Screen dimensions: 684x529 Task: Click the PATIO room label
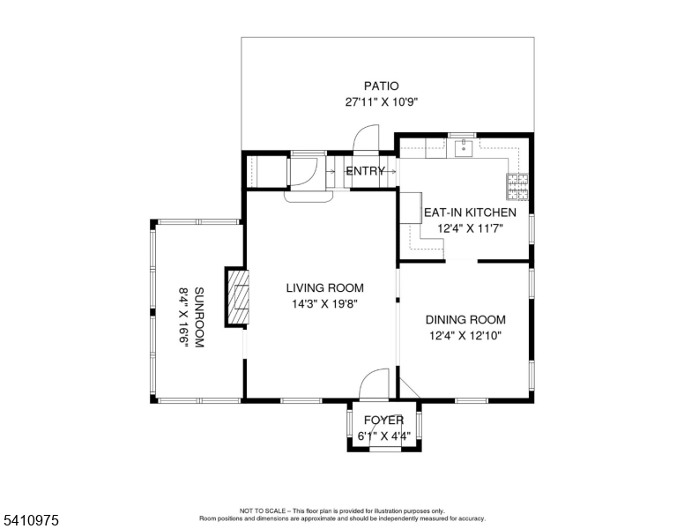tap(382, 86)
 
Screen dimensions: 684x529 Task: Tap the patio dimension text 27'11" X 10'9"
tap(382, 102)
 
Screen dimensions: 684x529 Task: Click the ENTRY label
tap(365, 171)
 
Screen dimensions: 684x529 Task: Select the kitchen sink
tap(464, 147)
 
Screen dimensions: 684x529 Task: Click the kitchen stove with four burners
tap(517, 187)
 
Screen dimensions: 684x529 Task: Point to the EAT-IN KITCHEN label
tap(470, 212)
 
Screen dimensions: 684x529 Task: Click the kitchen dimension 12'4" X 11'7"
tap(471, 228)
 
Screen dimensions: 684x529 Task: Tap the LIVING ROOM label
tap(325, 288)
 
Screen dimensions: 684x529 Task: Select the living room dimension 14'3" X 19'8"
tap(325, 304)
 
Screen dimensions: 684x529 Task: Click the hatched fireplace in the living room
tap(238, 297)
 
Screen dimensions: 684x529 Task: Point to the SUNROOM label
tap(199, 317)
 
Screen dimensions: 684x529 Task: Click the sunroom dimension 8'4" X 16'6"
tap(183, 317)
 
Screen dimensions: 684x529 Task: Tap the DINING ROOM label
tap(465, 320)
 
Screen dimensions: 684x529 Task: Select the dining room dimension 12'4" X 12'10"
tap(465, 336)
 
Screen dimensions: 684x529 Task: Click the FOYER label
tap(384, 421)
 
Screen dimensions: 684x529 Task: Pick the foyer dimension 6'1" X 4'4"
tap(384, 436)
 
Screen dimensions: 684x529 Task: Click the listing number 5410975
tap(31, 520)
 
